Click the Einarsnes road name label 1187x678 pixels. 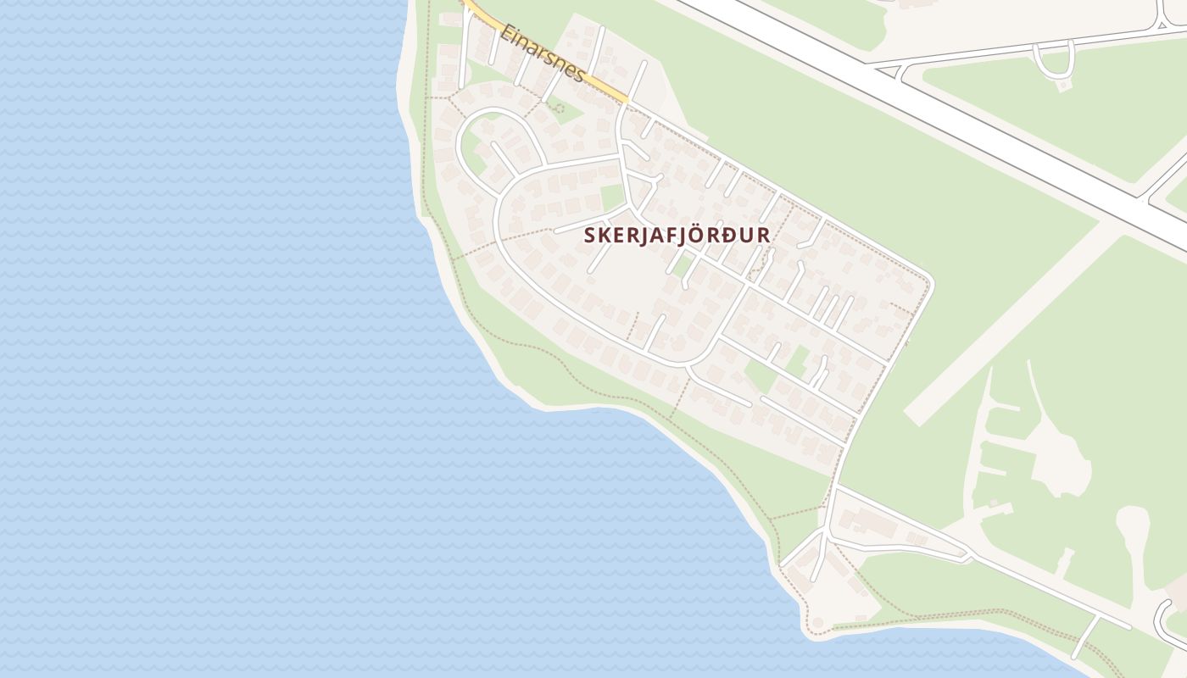[542, 53]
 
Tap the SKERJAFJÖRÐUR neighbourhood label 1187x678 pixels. [677, 236]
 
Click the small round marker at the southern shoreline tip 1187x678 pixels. [817, 624]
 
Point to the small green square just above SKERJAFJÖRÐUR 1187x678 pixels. [612, 197]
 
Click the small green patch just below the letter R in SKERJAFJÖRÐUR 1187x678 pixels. [682, 264]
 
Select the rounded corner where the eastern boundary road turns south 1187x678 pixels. [928, 281]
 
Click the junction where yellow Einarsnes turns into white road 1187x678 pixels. [628, 103]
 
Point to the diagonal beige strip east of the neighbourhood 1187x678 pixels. [1009, 322]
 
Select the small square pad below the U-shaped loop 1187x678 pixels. [1062, 86]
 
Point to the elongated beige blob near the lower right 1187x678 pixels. [1136, 542]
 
